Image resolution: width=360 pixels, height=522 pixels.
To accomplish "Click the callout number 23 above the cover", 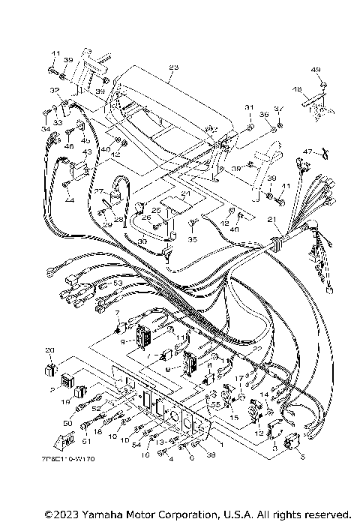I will click(x=175, y=68).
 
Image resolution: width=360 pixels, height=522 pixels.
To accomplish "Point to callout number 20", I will click(x=50, y=350).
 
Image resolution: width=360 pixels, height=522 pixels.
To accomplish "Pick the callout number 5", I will click(x=303, y=456).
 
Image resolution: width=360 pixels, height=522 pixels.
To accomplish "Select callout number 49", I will click(x=316, y=70).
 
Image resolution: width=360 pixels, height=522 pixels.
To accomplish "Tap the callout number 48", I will click(x=297, y=89).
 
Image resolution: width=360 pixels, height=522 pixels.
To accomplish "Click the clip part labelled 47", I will click(x=325, y=156).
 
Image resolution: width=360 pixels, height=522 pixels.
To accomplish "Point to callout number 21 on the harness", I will click(x=271, y=220).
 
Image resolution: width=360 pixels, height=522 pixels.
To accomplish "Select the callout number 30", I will click(x=142, y=241).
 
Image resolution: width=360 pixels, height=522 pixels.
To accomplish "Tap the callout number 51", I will click(x=85, y=442).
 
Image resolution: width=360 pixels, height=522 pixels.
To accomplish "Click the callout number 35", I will click(x=192, y=241).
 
